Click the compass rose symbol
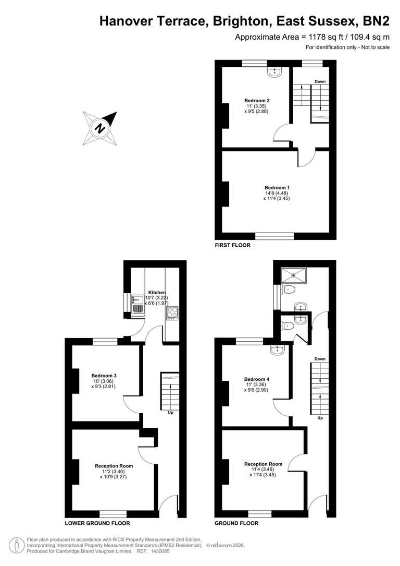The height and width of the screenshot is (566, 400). click(x=98, y=128)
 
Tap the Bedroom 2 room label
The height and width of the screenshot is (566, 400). click(x=257, y=101)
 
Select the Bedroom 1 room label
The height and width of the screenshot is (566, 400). click(x=277, y=188)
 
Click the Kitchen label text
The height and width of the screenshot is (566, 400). click(x=157, y=292)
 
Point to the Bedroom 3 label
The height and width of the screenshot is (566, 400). click(x=104, y=376)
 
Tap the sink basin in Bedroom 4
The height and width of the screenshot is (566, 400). click(x=277, y=350)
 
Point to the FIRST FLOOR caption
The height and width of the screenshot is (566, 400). click(x=232, y=245)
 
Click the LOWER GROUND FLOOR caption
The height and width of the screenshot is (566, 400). click(x=97, y=523)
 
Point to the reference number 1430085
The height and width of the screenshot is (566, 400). click(x=160, y=551)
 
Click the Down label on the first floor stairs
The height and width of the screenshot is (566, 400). click(x=320, y=81)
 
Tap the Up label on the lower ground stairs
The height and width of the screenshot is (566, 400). click(x=170, y=412)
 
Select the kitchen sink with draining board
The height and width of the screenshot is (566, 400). click(x=137, y=304)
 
